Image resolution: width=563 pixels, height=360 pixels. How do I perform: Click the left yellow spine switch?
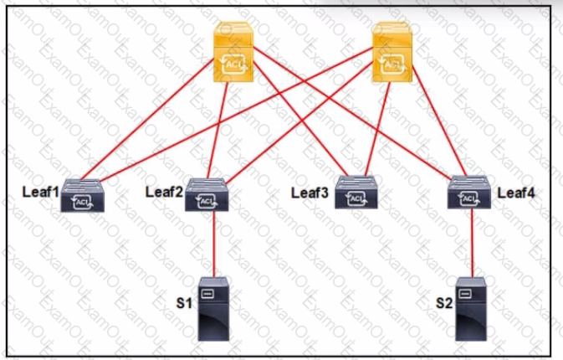pos(233,52)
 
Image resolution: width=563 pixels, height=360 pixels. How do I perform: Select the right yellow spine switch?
pos(393,52)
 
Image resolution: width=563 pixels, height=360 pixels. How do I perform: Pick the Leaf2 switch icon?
pos(207,195)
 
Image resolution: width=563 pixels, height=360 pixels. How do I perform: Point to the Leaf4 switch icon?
pos(469,193)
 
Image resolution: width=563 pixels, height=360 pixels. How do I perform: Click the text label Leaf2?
pos(164,190)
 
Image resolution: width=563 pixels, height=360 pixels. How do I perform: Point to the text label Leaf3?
pos(310,193)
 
